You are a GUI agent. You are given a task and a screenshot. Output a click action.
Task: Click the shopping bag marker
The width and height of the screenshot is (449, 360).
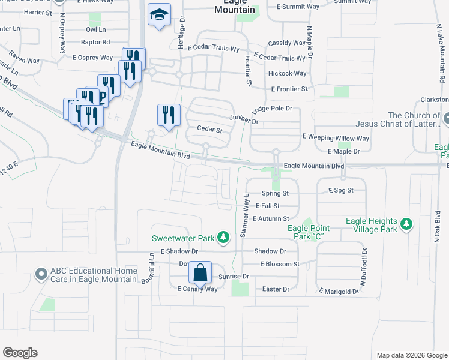coord(200,273)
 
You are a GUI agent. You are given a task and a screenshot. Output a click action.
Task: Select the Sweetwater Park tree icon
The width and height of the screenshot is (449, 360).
coord(223,238)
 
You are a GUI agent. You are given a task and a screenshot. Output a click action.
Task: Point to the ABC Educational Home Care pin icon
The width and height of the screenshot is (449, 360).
coord(41,274)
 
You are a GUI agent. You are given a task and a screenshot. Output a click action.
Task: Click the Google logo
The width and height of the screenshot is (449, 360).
coord(20,353)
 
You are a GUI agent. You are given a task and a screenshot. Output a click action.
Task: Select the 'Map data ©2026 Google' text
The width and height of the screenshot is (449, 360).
coord(411,355)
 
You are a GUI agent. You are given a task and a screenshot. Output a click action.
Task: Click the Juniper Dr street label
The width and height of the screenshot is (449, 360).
coord(243,121)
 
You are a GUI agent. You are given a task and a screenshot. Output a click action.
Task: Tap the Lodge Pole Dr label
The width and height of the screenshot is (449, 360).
coord(271,109)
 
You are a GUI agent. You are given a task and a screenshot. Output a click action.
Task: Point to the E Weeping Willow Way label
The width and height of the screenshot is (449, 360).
coord(336,137)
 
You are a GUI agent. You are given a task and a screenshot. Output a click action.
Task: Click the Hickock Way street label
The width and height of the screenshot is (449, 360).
coord(288,73)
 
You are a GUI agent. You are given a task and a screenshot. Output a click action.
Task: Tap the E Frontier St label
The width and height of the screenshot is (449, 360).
coord(289,89)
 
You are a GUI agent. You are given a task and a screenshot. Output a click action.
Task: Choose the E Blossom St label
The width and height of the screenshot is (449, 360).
coord(279,264)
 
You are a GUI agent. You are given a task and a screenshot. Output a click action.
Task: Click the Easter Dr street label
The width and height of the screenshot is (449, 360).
coord(276,289)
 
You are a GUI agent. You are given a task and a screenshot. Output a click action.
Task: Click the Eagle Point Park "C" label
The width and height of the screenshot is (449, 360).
coord(310,232)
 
